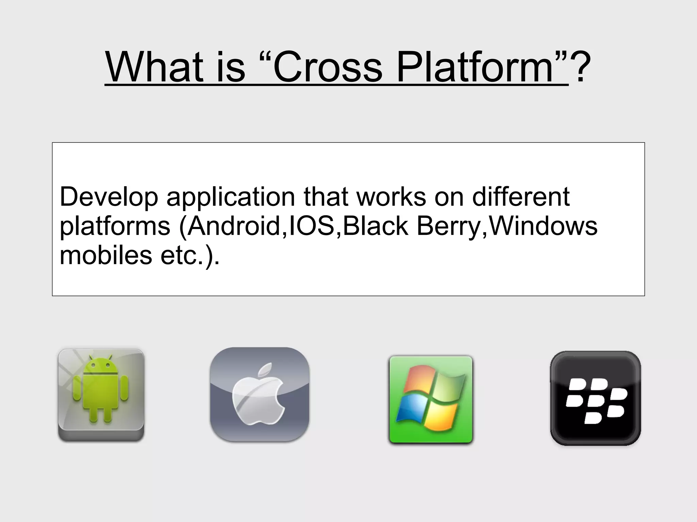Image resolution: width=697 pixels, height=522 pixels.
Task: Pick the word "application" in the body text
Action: pos(230,197)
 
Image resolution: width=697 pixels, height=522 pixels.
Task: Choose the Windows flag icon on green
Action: pos(431,400)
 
